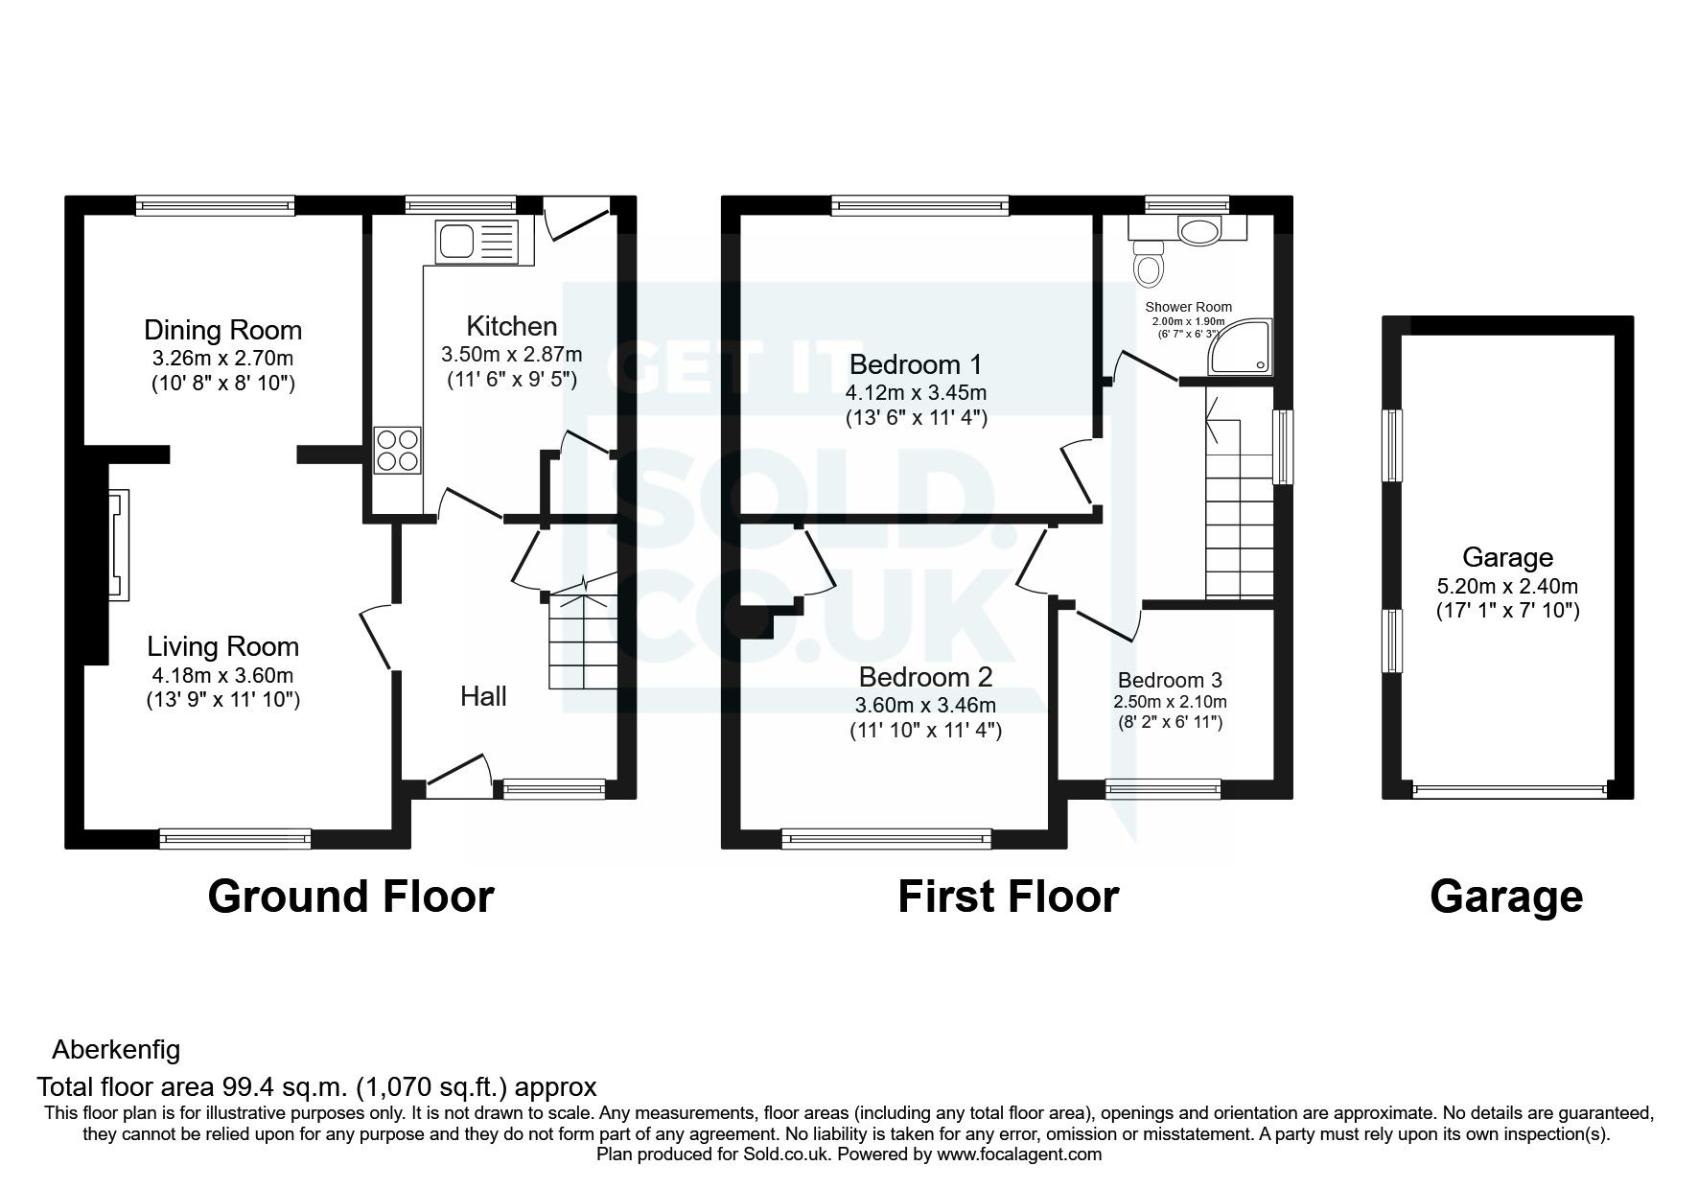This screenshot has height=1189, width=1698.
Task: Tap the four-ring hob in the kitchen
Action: (x=398, y=450)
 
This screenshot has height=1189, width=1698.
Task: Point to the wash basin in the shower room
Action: (x=1197, y=230)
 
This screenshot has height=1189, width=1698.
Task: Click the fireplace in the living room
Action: (x=117, y=545)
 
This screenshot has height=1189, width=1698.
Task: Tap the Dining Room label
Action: (x=222, y=330)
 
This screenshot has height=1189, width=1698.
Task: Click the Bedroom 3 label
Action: (x=1169, y=680)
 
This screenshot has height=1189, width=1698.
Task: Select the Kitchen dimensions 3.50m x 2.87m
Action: (x=511, y=354)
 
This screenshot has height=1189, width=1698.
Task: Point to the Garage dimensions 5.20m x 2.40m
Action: (x=1507, y=586)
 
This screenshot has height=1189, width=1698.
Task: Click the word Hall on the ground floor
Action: (x=483, y=696)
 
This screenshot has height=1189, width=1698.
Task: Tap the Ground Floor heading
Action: (x=350, y=897)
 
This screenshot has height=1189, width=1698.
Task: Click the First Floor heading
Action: (x=1008, y=897)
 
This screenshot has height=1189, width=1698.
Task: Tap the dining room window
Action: (x=215, y=203)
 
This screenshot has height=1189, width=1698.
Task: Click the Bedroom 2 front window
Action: (x=886, y=838)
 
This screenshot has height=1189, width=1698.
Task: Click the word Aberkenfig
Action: (x=116, y=1050)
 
